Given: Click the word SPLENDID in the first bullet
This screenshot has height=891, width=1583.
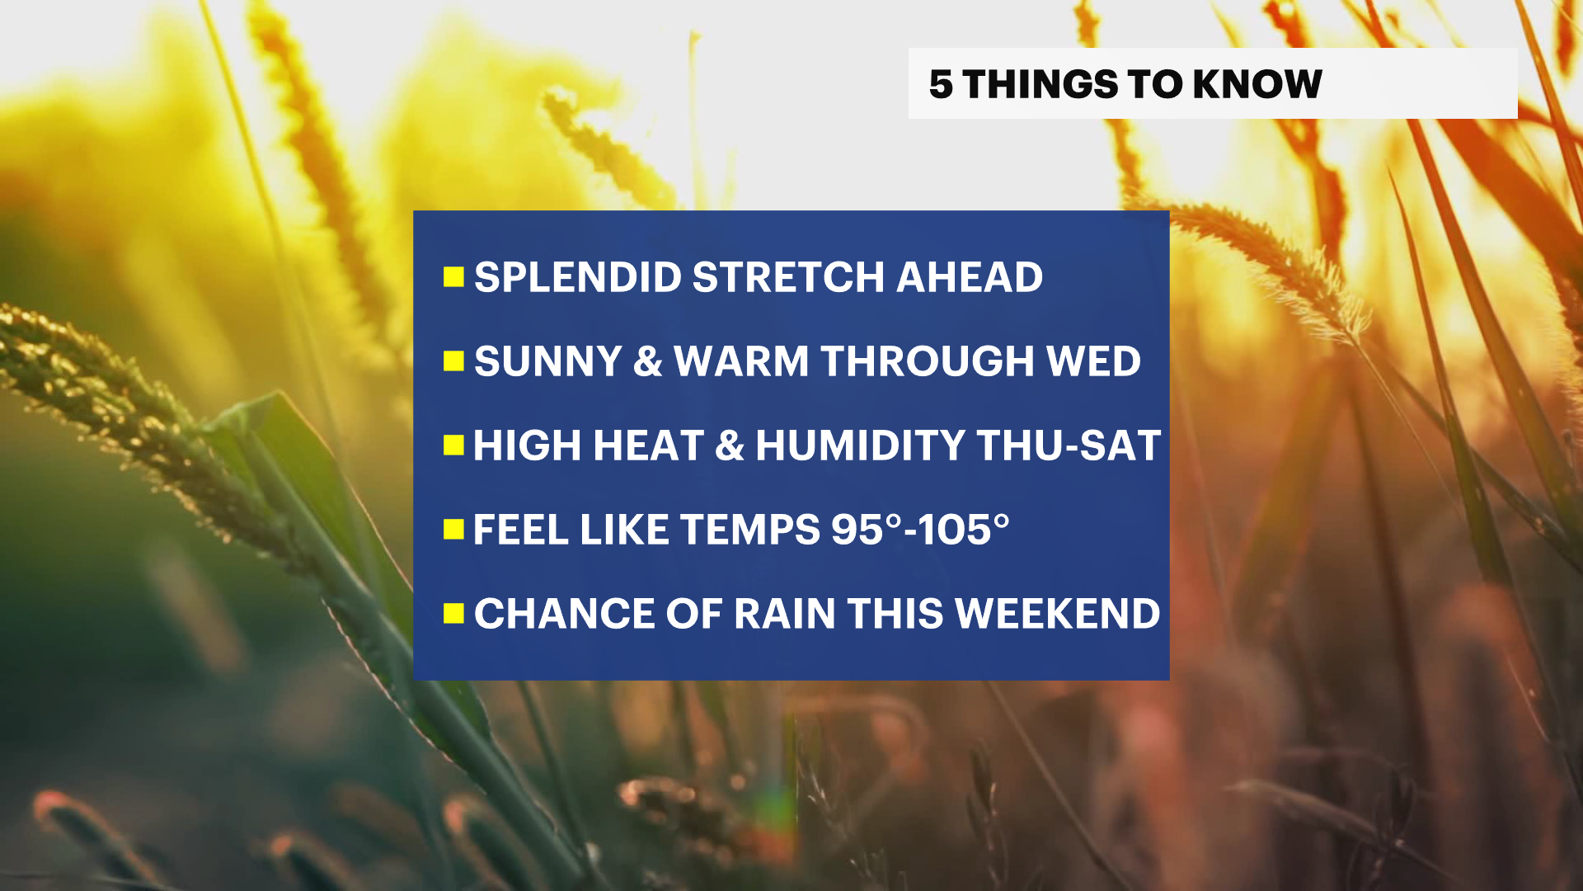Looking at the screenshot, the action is pos(577,277).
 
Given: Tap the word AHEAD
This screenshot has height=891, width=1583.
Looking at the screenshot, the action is pos(970,277).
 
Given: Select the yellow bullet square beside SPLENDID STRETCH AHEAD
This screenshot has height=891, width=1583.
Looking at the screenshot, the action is pos(453,277).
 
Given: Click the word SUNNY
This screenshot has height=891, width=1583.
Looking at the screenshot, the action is pos(547,361).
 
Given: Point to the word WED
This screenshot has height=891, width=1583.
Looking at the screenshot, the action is pos(1093,361).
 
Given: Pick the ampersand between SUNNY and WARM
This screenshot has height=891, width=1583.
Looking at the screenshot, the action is pos(648,361).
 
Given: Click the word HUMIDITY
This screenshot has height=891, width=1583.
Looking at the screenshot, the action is pos(860,445).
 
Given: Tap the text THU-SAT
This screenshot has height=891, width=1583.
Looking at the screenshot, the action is pos(1069,445).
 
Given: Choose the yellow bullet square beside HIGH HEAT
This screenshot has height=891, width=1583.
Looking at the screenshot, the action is pos(453,445).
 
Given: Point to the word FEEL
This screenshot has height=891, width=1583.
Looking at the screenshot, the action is pos(521,530).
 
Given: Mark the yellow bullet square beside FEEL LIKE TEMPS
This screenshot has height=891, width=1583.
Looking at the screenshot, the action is pos(453,530).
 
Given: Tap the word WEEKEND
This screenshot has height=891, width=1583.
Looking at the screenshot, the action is pos(1057,614).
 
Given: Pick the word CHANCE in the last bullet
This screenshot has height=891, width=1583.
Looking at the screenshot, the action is pos(564,614).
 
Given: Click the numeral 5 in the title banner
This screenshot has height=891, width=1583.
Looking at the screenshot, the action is pos(941,84).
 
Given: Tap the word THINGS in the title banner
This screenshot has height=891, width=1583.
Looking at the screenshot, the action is pos(1040,84).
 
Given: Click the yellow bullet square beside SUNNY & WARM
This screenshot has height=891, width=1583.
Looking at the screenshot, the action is pos(453,361).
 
